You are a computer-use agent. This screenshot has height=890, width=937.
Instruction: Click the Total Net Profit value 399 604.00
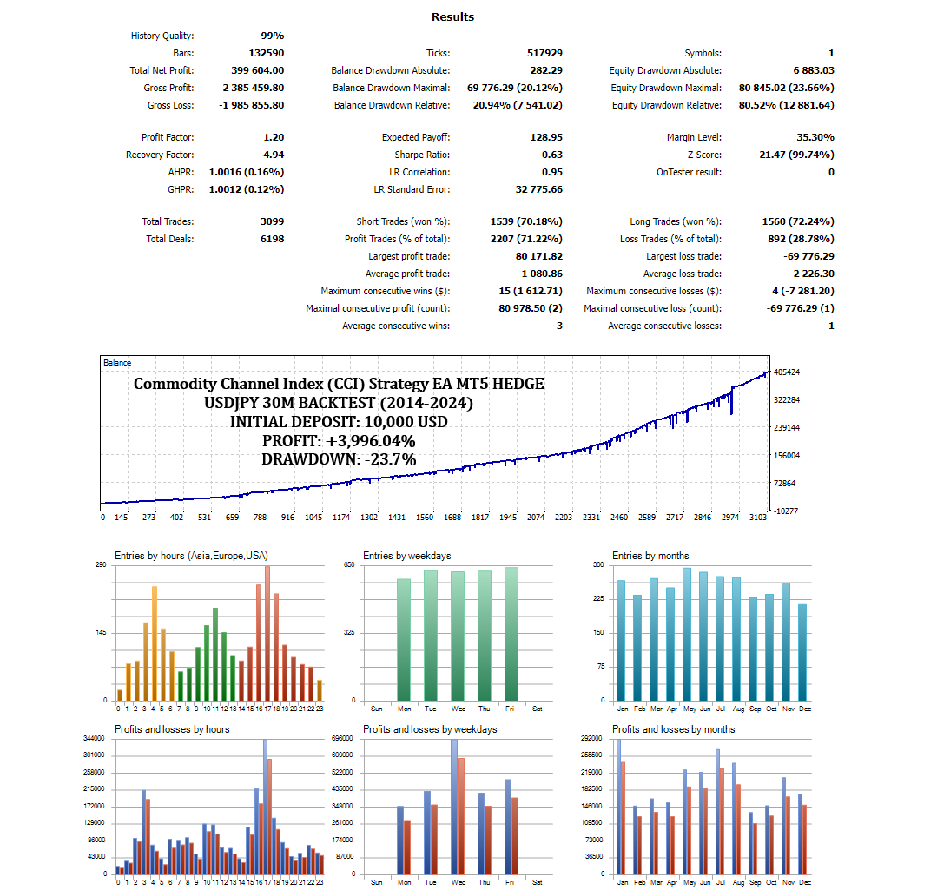[x=253, y=70]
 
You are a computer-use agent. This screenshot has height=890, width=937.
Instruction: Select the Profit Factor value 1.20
[x=274, y=137]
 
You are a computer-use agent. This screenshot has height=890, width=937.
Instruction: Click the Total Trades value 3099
[x=271, y=221]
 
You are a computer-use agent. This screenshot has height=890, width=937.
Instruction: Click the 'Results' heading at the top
[x=452, y=16]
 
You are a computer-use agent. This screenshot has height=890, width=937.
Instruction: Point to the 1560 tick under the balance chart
[x=425, y=518]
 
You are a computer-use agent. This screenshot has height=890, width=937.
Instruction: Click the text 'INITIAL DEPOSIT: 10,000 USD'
[x=339, y=422]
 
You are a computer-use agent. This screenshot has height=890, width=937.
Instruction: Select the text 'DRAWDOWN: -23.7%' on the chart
[x=339, y=459]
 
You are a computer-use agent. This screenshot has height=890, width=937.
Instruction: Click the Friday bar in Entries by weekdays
[x=511, y=634]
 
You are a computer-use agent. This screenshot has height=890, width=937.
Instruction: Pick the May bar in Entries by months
[x=686, y=634]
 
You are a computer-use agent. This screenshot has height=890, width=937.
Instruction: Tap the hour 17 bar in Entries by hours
[x=267, y=632]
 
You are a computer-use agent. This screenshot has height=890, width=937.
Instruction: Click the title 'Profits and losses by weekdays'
[x=430, y=729]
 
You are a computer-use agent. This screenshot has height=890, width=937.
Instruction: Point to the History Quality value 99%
[x=272, y=36]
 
